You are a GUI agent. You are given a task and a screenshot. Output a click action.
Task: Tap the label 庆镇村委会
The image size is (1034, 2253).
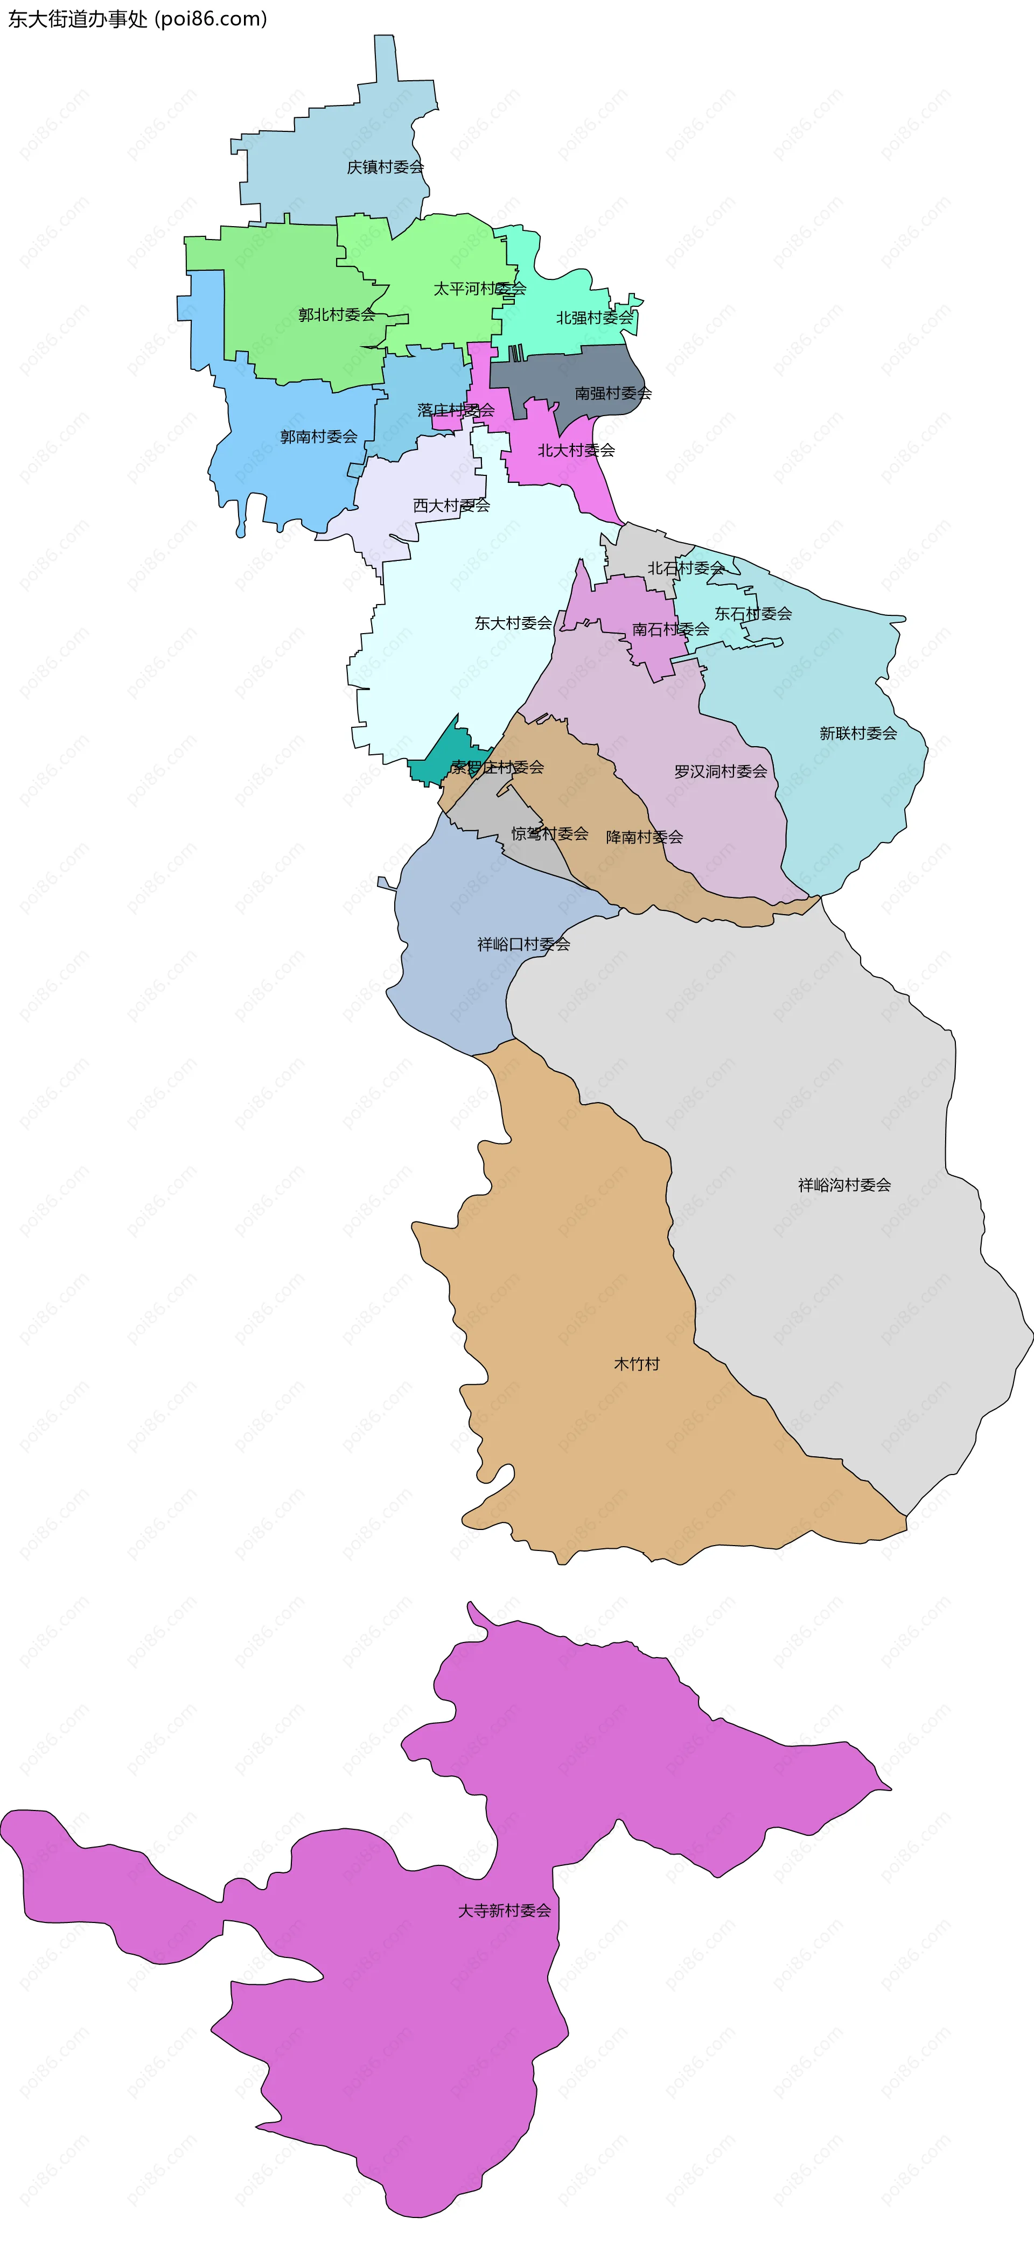[385, 167]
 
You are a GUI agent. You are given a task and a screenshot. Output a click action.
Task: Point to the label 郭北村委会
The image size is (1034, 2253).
[336, 315]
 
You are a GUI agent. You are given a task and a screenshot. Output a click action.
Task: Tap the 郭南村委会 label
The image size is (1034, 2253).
[318, 437]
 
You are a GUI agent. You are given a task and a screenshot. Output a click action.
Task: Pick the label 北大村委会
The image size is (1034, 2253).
[576, 451]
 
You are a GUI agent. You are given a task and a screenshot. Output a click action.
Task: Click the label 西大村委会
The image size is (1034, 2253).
[451, 506]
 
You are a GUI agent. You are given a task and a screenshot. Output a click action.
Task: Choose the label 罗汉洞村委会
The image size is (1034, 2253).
[720, 771]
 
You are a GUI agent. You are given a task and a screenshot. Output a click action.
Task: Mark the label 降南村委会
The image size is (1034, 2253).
[644, 837]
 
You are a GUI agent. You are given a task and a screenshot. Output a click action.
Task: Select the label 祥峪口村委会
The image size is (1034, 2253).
[523, 945]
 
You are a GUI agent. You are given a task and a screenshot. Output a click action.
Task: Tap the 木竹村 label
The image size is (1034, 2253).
[636, 1364]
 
